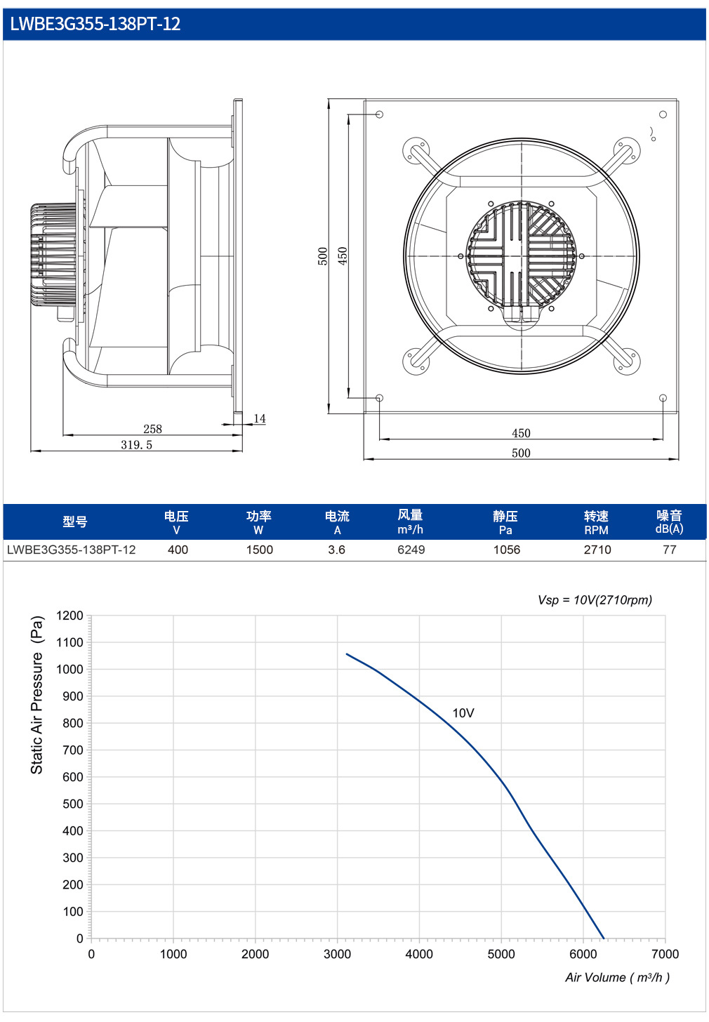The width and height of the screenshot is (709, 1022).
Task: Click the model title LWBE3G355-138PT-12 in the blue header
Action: point(95,24)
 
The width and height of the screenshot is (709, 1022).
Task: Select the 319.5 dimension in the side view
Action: point(136,445)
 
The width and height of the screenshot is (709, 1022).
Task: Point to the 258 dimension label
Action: point(152,429)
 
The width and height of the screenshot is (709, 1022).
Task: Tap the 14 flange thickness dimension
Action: point(260,418)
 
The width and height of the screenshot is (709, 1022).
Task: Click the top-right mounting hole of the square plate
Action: point(663,114)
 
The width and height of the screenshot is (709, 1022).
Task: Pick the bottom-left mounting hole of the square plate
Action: point(379,398)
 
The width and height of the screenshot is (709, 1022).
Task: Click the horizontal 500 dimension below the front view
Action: point(521,453)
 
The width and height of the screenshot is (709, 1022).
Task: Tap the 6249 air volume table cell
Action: point(411,550)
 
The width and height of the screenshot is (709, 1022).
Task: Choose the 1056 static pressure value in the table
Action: point(506,550)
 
